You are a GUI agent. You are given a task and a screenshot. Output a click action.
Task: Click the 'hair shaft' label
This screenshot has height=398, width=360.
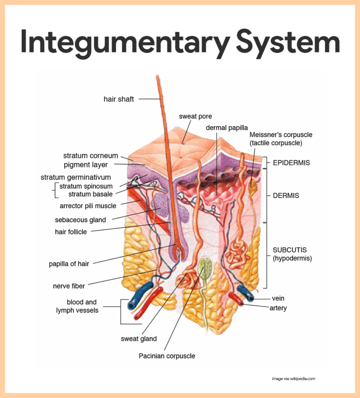tap(119, 99)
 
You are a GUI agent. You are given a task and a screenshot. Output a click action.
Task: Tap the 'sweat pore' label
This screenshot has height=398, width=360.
tap(195, 116)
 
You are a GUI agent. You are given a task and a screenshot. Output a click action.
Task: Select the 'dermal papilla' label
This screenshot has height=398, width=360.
tap(227, 127)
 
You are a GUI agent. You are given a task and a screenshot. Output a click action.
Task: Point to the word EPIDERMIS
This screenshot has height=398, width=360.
tap(291, 163)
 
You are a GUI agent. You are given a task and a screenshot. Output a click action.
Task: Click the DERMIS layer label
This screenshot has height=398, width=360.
tap(286, 196)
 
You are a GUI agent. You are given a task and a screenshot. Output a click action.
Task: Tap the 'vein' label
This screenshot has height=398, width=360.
tap(278, 298)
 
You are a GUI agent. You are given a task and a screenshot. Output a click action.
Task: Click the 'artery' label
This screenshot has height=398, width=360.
tap(278, 308)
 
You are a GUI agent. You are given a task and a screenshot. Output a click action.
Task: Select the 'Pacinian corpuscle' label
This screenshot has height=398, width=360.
tap(167, 356)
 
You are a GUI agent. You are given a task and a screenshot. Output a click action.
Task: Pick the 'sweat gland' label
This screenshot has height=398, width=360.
tap(139, 339)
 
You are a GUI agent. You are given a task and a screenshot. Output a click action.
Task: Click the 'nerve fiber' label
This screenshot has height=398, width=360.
tap(69, 286)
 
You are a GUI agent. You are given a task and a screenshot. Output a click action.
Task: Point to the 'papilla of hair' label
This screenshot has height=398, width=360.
tap(69, 264)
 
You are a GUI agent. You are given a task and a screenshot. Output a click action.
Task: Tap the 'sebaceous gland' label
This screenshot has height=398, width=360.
tap(81, 220)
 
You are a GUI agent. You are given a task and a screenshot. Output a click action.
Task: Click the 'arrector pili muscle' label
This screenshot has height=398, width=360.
tap(88, 206)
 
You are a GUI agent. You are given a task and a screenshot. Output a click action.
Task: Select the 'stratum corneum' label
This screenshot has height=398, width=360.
tap(90, 155)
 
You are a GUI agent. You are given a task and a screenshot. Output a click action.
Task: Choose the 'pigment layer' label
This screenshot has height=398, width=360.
tap(86, 165)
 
